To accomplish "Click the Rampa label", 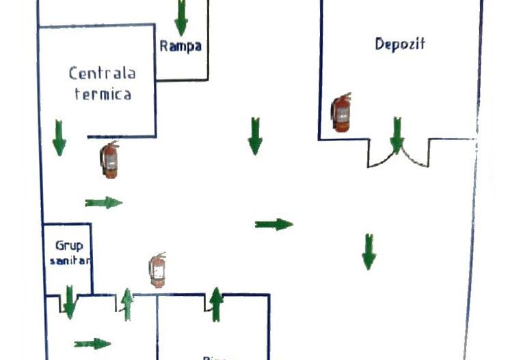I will click(x=180, y=46).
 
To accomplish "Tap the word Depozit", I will click(x=400, y=44).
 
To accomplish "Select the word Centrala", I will click(x=102, y=73).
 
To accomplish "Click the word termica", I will click(x=102, y=95).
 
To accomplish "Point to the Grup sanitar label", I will click(x=69, y=253).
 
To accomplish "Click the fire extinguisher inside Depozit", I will click(x=341, y=113).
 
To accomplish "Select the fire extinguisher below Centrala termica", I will click(x=109, y=160).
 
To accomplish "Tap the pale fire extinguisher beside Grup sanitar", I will click(x=158, y=269).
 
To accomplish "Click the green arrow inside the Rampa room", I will click(x=180, y=17).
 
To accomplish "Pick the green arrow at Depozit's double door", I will click(x=397, y=135).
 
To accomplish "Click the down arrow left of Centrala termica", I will click(x=59, y=137).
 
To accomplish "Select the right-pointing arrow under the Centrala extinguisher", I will click(x=103, y=202).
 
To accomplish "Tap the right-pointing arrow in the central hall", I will click(x=273, y=224).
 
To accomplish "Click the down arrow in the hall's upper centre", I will click(x=255, y=135).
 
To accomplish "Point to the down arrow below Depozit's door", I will click(x=368, y=251).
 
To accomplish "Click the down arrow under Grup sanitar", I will click(x=69, y=302).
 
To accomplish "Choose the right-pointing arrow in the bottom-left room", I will click(x=92, y=343).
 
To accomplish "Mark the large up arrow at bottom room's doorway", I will click(x=216, y=305).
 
